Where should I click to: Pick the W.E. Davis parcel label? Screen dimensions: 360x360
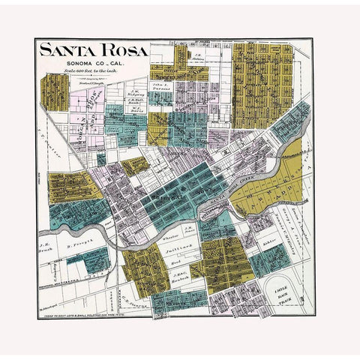(135, 108)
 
